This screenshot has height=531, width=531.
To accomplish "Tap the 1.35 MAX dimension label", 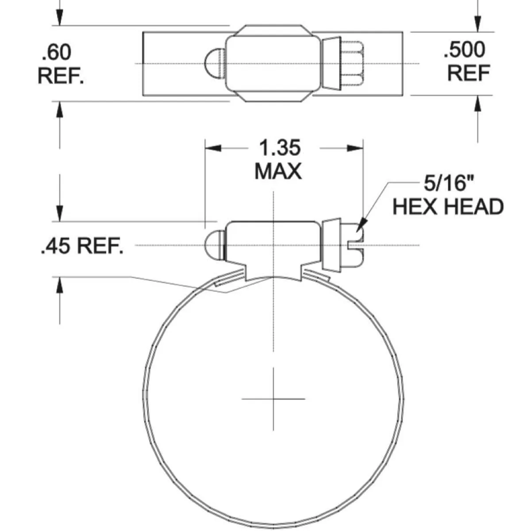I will click(279, 159).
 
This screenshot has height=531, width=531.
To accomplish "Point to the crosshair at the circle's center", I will click(273, 399).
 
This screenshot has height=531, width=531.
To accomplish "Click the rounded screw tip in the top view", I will click(215, 63).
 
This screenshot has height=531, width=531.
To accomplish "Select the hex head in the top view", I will click(352, 63).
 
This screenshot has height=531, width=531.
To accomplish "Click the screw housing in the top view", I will click(272, 63).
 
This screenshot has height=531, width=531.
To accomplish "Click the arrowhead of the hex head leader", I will click(361, 224).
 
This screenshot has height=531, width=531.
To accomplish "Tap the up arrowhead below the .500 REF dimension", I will click(477, 104).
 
